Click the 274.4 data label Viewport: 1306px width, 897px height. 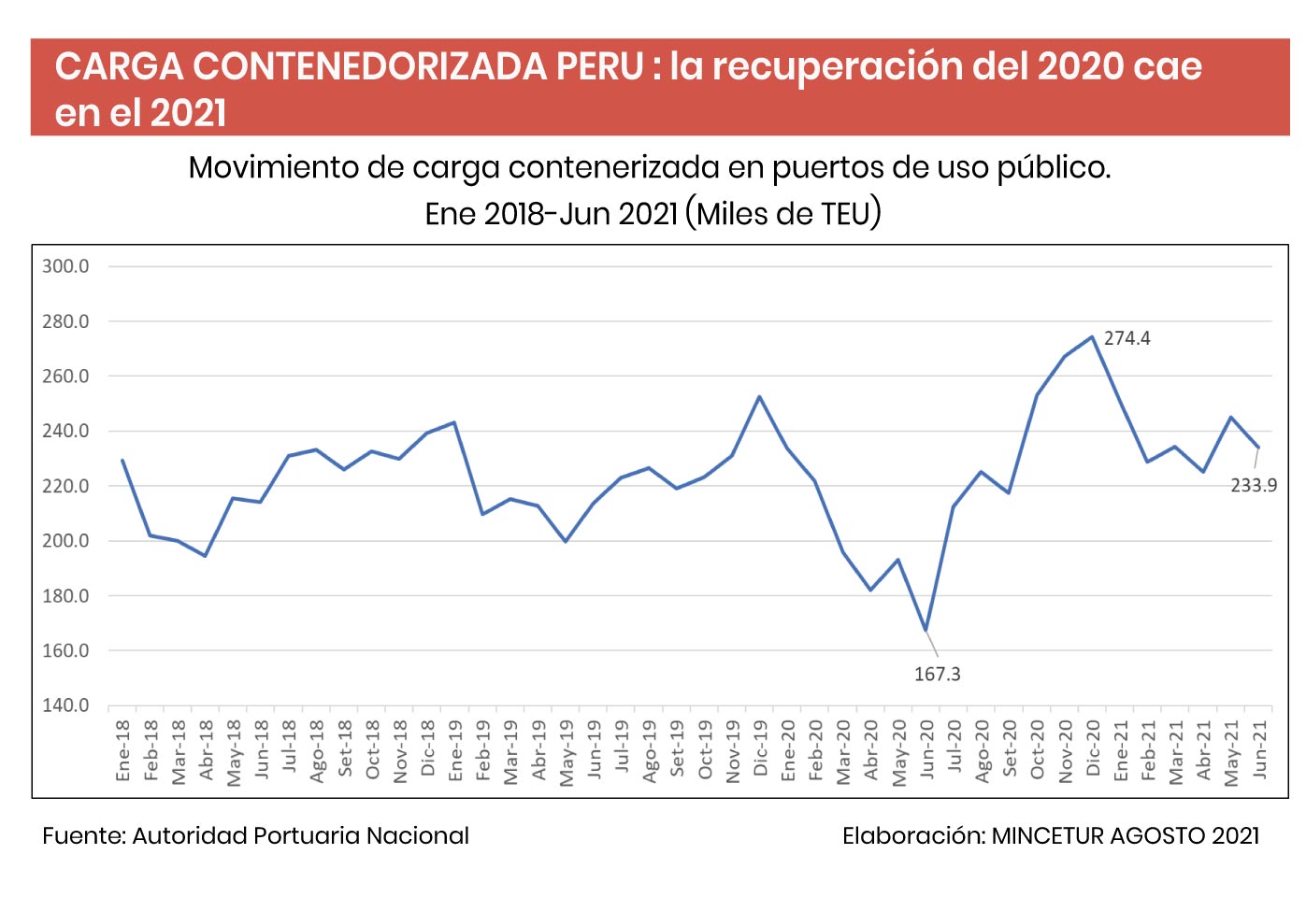coord(1127,338)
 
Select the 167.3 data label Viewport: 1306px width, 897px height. coord(937,674)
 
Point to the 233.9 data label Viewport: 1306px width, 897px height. coord(1253,485)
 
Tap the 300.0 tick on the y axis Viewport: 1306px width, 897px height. coord(65,266)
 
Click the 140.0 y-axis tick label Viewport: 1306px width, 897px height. coord(65,705)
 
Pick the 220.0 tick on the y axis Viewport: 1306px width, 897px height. coord(65,486)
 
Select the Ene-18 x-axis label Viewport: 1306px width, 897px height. coord(122,750)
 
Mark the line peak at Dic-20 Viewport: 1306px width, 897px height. coord(1092,337)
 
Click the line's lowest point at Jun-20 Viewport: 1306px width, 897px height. coord(926,631)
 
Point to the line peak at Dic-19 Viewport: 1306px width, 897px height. coord(759,397)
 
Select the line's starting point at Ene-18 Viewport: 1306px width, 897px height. coord(122,460)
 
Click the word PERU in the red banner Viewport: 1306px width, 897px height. coord(599,66)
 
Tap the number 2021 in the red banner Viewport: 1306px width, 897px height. coord(188,113)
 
